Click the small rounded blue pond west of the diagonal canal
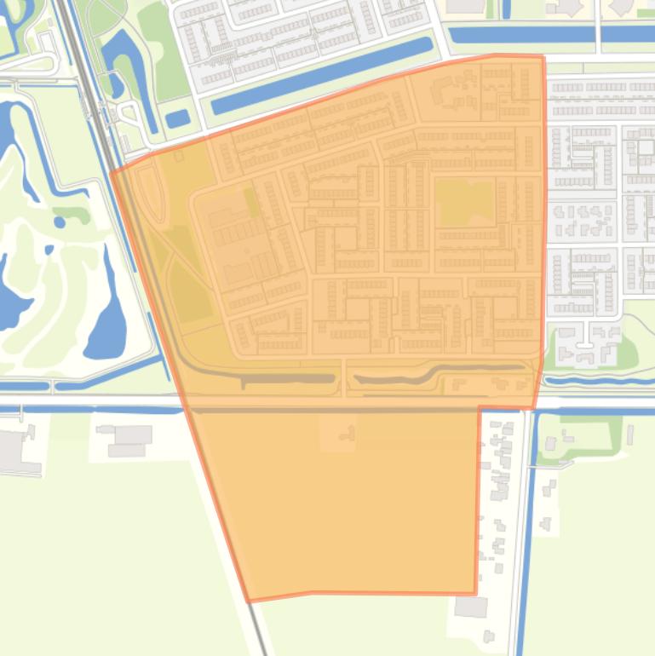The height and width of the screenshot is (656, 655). click(x=178, y=118)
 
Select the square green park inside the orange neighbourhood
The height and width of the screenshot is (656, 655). click(x=465, y=203)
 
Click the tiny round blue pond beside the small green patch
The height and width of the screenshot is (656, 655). click(x=60, y=222)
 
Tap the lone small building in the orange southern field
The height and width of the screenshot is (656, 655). click(x=345, y=434)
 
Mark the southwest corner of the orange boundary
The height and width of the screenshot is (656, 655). click(x=249, y=601)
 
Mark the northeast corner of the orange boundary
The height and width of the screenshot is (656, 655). click(x=543, y=56)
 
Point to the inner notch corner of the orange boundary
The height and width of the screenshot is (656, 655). click(x=480, y=408)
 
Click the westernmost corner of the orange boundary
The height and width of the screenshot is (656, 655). click(x=112, y=173)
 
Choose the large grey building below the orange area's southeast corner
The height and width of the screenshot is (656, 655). click(x=470, y=607)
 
